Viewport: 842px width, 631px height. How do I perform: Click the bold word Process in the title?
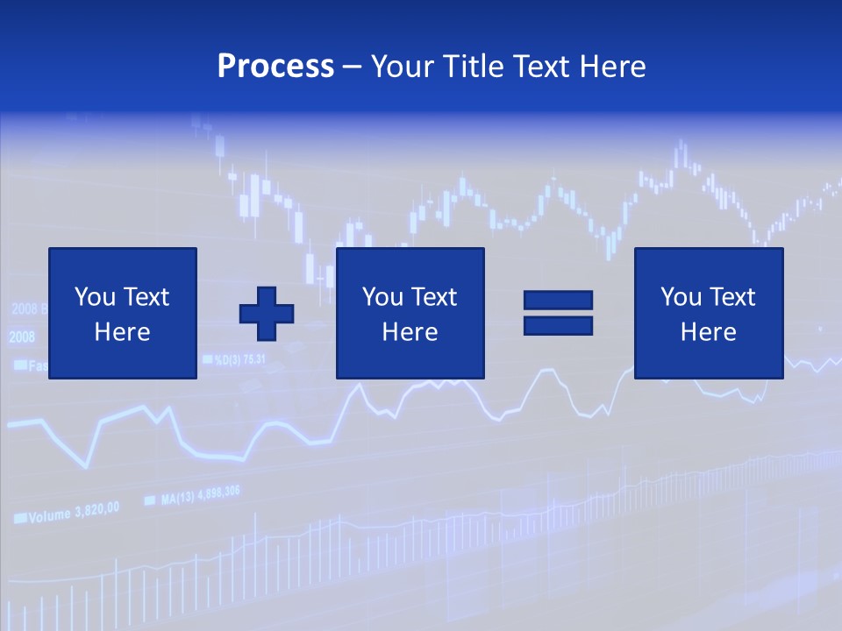tap(275, 67)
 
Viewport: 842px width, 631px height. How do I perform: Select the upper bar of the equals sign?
tap(558, 300)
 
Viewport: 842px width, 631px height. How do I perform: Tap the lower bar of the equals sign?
tap(558, 325)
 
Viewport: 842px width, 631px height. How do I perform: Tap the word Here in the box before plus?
tap(123, 332)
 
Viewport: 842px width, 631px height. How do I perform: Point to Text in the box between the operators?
tap(434, 297)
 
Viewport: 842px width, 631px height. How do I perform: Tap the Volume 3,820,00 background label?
tap(74, 513)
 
